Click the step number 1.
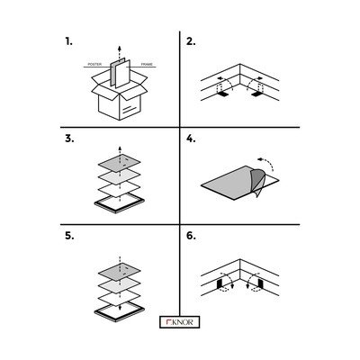(68, 41)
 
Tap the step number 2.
(191, 41)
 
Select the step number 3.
(69, 139)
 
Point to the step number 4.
(191, 139)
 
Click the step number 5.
(69, 236)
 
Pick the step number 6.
(191, 236)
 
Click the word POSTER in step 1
(94, 64)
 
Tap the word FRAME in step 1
(147, 64)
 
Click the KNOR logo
(179, 322)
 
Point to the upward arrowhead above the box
(120, 49)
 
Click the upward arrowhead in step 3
(120, 148)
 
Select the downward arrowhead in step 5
(120, 307)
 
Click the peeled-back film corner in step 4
(257, 183)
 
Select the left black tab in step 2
(222, 94)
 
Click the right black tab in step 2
(257, 94)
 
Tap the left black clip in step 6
(220, 283)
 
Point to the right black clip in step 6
(260, 283)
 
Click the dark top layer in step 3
(120, 163)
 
